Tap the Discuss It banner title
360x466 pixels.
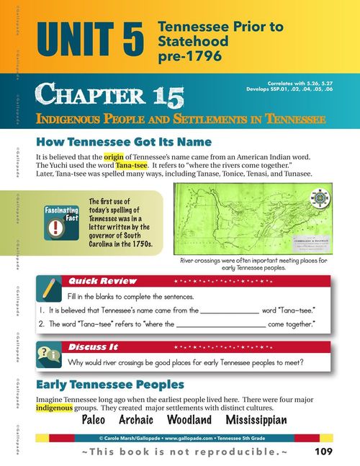coord(91,347)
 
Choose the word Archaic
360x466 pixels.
coord(140,421)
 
